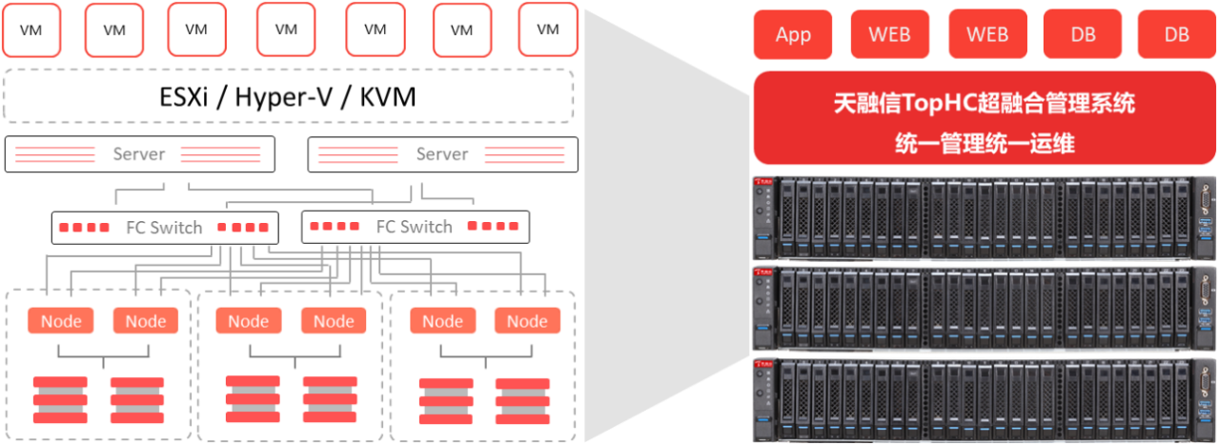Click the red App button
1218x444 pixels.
793,35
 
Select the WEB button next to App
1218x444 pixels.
889,35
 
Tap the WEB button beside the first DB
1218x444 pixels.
987,35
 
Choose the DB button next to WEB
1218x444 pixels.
1083,35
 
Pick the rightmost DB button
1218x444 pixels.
1177,35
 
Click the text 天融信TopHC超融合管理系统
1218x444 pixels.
984,103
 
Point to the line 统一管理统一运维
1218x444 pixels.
984,143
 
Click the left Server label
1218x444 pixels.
139,154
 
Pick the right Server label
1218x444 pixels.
442,154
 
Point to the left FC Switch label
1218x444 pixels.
164,228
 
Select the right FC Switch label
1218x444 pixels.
414,228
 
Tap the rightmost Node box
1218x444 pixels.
527,322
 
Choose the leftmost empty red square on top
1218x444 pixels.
31,30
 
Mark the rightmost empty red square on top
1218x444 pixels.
548,30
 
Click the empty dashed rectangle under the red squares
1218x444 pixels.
289,95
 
